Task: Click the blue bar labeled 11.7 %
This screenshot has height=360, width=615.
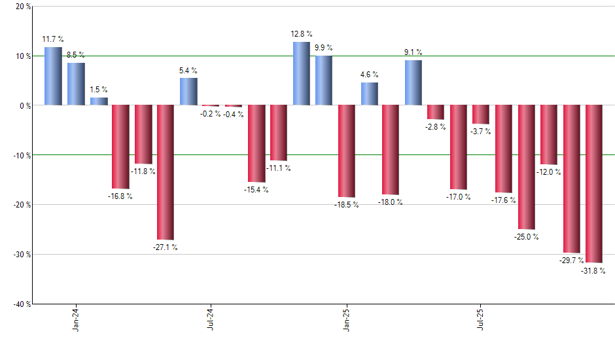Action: click(x=53, y=76)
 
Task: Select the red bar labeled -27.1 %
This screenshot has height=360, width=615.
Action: click(x=165, y=172)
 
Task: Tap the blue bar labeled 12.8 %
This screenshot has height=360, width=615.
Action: click(x=301, y=73)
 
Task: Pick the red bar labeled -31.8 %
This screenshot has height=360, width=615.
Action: click(x=594, y=184)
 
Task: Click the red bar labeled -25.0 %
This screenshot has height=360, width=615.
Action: click(x=527, y=167)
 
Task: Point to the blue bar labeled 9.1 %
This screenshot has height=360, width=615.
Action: click(x=413, y=82)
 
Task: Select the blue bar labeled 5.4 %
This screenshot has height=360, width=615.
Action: click(x=188, y=92)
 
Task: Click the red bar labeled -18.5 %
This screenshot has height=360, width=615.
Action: click(x=346, y=151)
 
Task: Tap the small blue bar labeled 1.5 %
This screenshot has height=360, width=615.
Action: click(x=99, y=101)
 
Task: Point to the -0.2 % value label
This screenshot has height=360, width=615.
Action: click(x=210, y=114)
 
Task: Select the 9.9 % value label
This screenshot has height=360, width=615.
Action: click(x=323, y=48)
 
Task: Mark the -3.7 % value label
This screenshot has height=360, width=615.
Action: click(x=481, y=132)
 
